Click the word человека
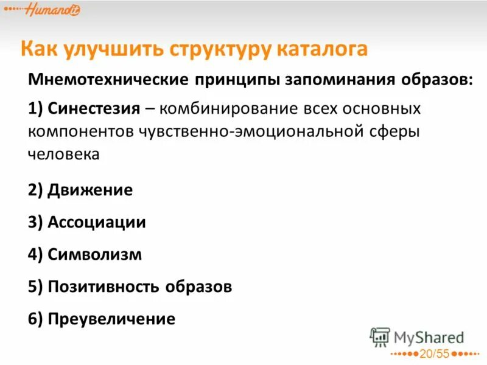(x=63, y=154)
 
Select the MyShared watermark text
(x=429, y=337)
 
